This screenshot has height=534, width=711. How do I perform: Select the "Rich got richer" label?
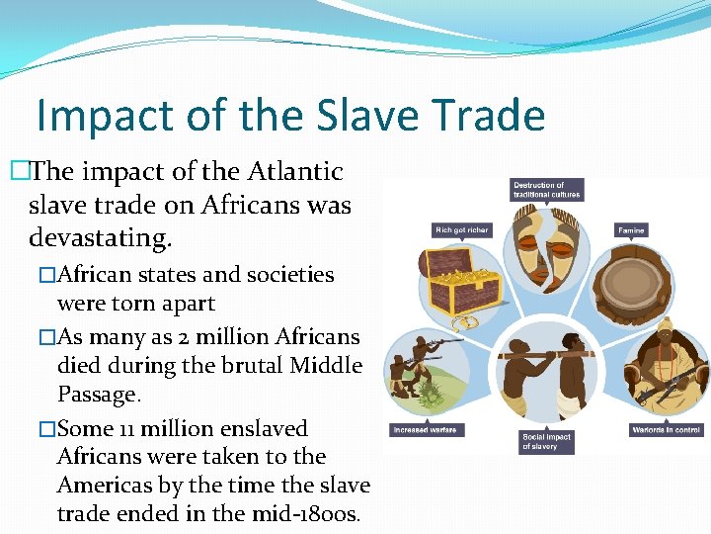(x=462, y=230)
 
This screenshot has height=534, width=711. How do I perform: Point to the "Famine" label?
(x=631, y=230)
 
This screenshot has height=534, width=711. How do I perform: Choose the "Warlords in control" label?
(x=666, y=430)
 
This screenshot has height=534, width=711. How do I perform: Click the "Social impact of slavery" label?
(x=545, y=441)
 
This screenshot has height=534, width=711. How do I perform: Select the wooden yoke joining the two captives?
(x=546, y=353)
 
